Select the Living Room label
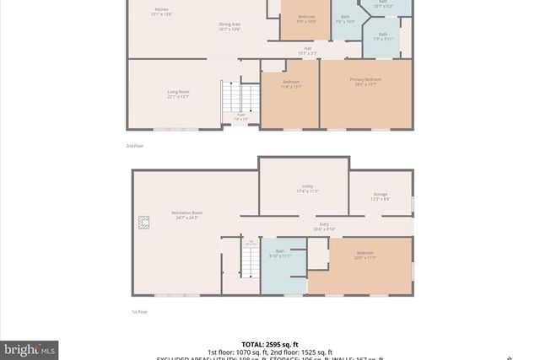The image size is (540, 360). click(x=177, y=94)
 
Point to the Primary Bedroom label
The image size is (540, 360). click(x=366, y=81)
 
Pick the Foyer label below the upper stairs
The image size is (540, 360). click(x=240, y=116)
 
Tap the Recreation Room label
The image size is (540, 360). click(x=186, y=215)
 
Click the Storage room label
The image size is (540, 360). click(x=380, y=196)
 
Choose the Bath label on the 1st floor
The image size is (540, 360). click(x=279, y=252)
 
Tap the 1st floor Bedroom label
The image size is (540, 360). click(x=364, y=255)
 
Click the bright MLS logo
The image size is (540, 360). click(x=30, y=348)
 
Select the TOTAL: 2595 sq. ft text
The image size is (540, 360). click(x=270, y=344)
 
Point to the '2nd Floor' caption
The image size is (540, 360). click(x=136, y=147)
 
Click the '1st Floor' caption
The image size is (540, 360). click(x=139, y=312)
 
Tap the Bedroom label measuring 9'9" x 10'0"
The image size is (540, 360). click(x=306, y=18)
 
